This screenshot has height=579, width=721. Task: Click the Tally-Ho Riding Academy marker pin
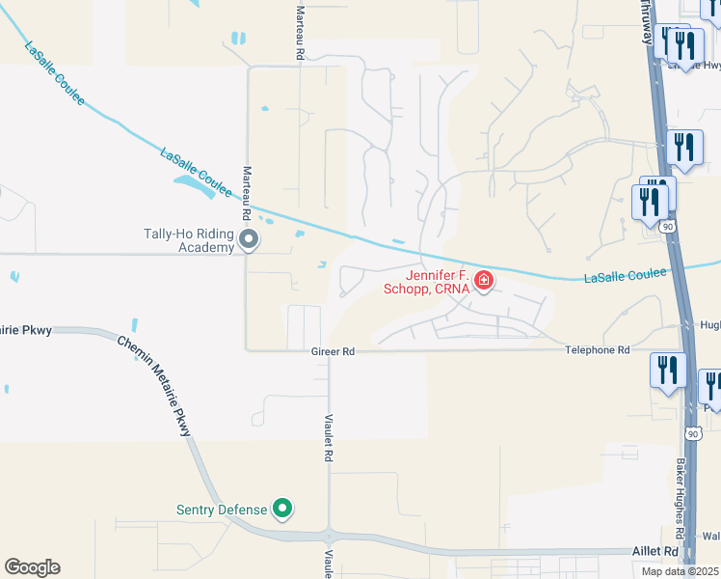tap(250, 238)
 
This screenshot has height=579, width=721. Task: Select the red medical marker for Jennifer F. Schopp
tap(484, 281)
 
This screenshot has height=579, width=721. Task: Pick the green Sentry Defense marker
tap(282, 508)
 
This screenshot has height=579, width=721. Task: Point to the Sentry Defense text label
tap(221, 510)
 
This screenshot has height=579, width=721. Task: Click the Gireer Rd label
tap(334, 351)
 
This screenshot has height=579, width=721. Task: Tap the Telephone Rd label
tap(597, 350)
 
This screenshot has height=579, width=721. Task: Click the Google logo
tap(32, 566)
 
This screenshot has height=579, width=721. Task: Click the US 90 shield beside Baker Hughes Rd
tap(691, 433)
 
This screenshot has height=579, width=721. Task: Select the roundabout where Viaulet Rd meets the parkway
tap(329, 537)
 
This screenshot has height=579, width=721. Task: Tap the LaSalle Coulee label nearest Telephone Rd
tap(626, 276)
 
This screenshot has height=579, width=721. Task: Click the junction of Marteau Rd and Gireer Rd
tap(247, 350)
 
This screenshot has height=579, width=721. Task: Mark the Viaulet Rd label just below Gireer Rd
tap(329, 436)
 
